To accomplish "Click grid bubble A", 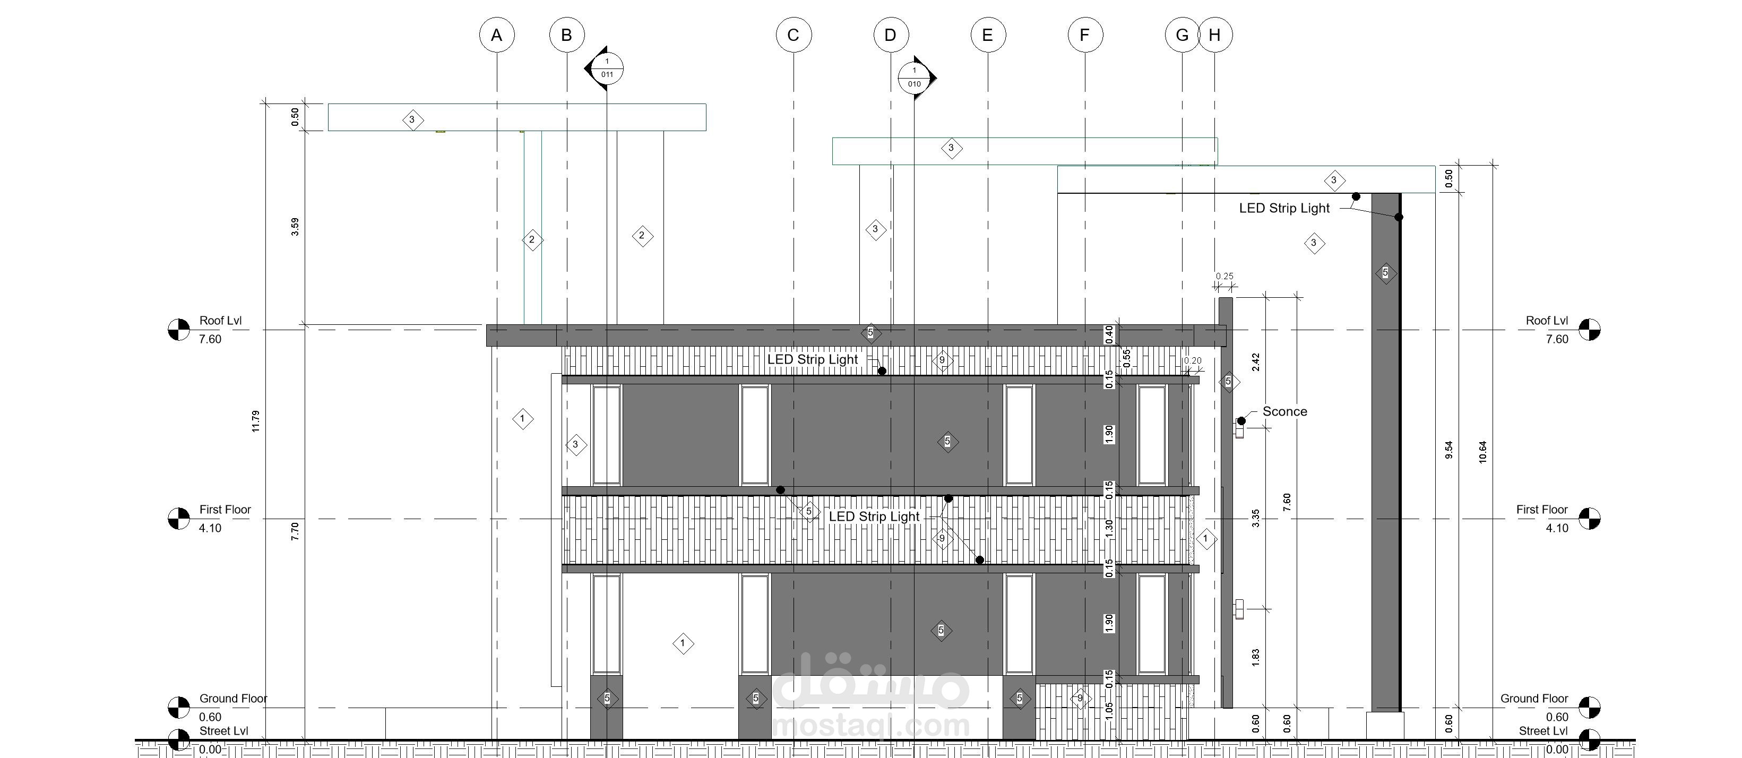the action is tap(496, 35).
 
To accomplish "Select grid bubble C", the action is tap(793, 35).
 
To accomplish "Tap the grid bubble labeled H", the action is tap(1214, 35).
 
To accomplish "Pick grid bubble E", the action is tap(987, 35).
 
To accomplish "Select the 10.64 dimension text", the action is tap(1483, 452).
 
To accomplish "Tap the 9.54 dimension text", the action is tap(1448, 450).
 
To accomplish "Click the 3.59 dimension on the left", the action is tap(295, 227).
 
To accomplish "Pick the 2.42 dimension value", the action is tap(1256, 362).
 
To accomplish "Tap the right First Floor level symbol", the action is tap(1589, 519).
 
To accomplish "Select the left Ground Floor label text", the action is tap(234, 699).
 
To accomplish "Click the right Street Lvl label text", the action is tap(1543, 731).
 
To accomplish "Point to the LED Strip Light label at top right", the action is tap(1284, 208).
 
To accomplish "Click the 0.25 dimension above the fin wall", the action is tap(1224, 276).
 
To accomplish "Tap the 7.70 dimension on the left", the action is tap(295, 531).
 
